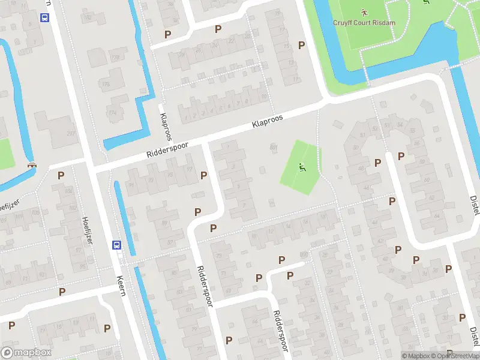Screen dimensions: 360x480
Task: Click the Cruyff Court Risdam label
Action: coord(365,22)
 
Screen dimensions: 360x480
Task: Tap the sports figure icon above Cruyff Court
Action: coord(364,11)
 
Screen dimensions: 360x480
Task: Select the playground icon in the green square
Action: coord(302,167)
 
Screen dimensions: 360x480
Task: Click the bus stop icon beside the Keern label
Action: coord(116,245)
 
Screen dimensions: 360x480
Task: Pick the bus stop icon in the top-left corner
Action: coord(45,17)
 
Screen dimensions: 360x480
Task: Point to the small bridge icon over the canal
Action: coord(32,166)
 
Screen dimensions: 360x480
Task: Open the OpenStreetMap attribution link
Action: coord(453,356)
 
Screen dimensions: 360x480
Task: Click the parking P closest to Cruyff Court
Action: coord(301,45)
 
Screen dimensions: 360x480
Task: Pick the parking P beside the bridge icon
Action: coord(61,175)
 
